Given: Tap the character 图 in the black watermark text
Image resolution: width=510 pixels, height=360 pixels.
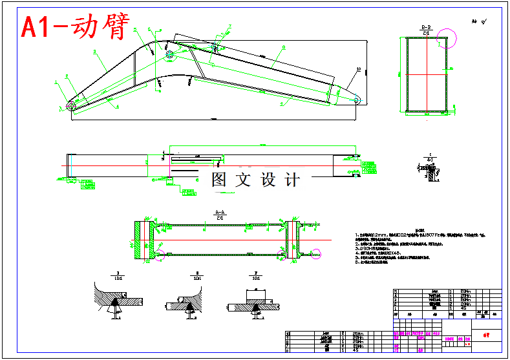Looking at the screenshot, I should (x=219, y=180).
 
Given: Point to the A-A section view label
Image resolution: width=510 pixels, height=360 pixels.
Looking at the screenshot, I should (x=220, y=213).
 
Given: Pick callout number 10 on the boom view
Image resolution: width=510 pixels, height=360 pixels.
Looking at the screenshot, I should (x=358, y=69).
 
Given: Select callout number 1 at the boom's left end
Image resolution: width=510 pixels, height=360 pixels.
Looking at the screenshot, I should (x=56, y=82).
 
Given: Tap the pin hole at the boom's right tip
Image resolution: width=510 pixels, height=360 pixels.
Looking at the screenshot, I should (x=357, y=100).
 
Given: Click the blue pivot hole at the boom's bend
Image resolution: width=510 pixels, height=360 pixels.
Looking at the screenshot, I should (x=170, y=55).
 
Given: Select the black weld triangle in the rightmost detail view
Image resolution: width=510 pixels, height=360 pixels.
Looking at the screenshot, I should (x=257, y=306).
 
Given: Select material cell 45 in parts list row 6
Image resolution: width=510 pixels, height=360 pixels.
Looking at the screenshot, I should (x=357, y=350).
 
